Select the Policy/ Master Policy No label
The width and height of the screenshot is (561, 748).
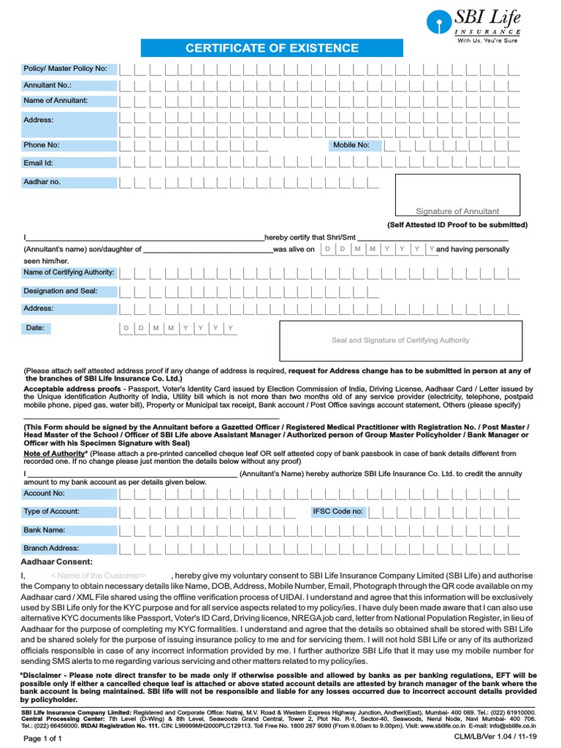(x=66, y=69)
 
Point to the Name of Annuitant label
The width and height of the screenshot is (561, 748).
(x=56, y=101)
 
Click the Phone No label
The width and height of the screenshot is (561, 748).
(x=42, y=145)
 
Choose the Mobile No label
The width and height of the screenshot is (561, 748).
(x=351, y=145)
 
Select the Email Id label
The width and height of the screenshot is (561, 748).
(x=39, y=164)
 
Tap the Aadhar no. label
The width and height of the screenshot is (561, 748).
(x=42, y=182)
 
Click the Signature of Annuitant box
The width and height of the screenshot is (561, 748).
(x=457, y=196)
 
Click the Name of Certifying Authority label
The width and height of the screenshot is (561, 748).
(x=69, y=272)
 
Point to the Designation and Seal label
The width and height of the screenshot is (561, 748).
(x=61, y=291)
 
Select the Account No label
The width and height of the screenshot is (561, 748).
(x=45, y=494)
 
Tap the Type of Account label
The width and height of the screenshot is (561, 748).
(x=52, y=511)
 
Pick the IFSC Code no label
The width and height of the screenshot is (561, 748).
(x=337, y=511)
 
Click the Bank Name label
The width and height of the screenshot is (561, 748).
(x=45, y=530)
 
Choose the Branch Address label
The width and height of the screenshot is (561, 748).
(x=51, y=548)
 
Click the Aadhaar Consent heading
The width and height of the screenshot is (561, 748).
(x=57, y=562)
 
